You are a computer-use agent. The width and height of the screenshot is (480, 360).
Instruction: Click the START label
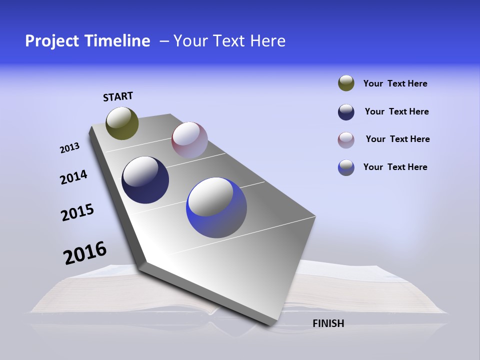[x=118, y=96]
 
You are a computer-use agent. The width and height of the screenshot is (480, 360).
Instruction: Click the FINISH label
[x=328, y=323]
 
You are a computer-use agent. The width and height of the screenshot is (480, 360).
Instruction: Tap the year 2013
[x=69, y=148]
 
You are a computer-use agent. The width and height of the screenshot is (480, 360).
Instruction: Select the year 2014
[x=73, y=177]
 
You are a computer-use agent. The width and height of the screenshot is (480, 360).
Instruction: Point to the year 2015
[x=77, y=212]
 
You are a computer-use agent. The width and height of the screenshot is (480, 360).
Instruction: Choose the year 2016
[x=85, y=253]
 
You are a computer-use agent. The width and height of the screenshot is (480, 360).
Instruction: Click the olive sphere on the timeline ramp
[x=122, y=123]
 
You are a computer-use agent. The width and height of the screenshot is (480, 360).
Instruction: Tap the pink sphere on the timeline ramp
[x=189, y=139]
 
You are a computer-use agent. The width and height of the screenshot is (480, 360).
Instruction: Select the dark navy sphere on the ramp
[x=145, y=179]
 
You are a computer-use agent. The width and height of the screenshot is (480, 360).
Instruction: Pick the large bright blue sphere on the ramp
[x=216, y=207]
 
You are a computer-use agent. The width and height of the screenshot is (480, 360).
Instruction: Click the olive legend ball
[x=346, y=83]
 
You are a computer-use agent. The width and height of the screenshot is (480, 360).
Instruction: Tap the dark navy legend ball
[x=346, y=112]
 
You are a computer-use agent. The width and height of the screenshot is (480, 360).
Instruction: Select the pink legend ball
[x=346, y=140]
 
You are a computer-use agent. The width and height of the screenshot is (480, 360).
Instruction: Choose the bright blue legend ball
[x=346, y=167]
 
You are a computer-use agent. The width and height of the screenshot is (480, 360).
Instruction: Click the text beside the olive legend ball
[x=395, y=83]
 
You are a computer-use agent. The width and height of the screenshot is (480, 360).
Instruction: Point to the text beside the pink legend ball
[x=397, y=139]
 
